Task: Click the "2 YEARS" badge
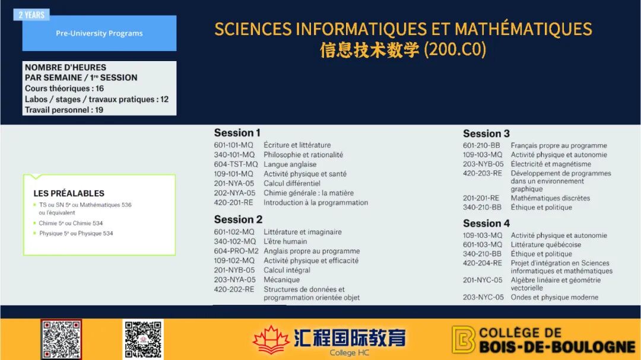[31, 15]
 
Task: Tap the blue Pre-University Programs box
[99, 33]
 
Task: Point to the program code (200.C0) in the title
[455, 50]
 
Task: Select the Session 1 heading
[237, 133]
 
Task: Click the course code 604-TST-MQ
[236, 164]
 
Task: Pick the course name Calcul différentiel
[292, 183]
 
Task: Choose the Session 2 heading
[239, 219]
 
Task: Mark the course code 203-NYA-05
[234, 280]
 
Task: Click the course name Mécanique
[282, 280]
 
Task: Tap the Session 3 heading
[486, 133]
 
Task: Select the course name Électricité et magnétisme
[551, 164]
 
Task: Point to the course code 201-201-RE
[481, 198]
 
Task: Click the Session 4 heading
[486, 224]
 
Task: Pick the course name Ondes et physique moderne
[554, 298]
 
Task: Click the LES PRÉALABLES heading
[69, 193]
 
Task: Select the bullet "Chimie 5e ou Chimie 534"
[71, 223]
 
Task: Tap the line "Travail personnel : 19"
[64, 110]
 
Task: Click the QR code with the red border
[61, 340]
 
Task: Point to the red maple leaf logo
[271, 340]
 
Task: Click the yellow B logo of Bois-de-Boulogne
[463, 340]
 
